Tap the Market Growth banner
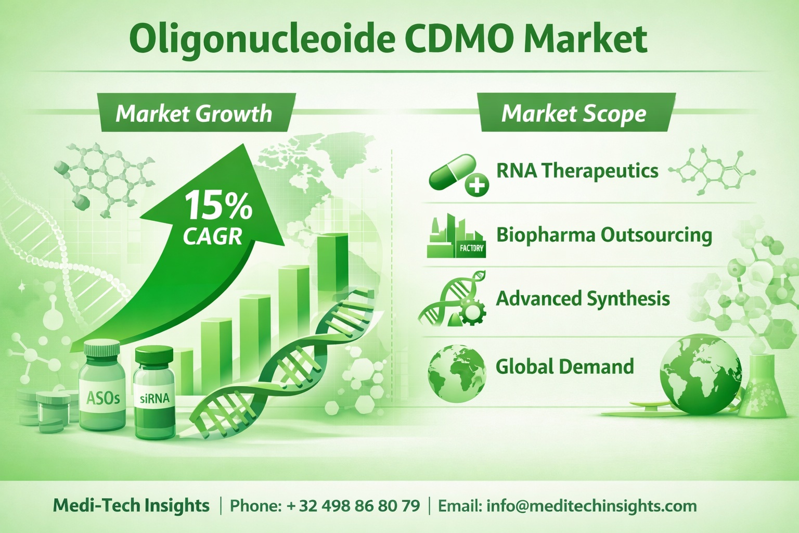[194, 113]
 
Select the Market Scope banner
[574, 113]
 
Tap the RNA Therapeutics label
[577, 171]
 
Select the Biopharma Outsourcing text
[604, 235]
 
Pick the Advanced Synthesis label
[583, 299]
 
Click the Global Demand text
[564, 366]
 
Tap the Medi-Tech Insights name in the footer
[131, 505]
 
